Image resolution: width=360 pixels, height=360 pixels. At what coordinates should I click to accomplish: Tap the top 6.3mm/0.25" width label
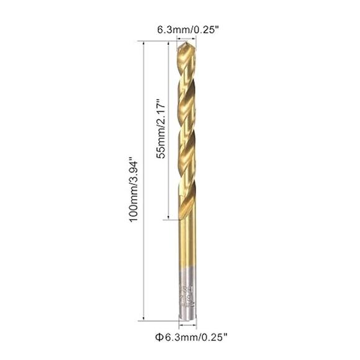187,30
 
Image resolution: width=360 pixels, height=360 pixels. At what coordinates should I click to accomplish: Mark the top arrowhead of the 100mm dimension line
145,43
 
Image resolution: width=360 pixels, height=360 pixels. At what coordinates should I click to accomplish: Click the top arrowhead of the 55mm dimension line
168,43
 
